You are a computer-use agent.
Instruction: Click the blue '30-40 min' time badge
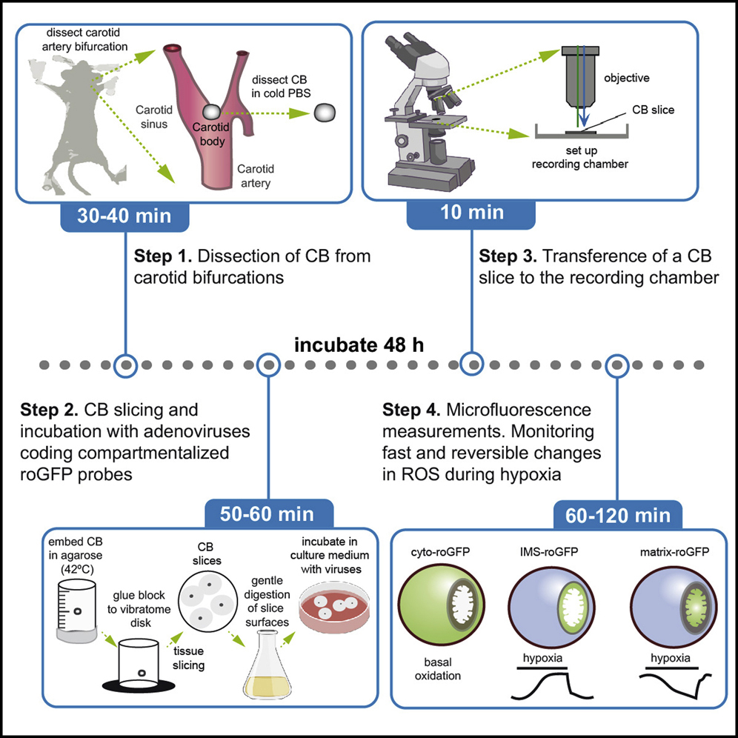coord(125,216)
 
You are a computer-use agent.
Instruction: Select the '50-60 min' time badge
coord(268,513)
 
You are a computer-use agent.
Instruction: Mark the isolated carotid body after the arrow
coord(325,113)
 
